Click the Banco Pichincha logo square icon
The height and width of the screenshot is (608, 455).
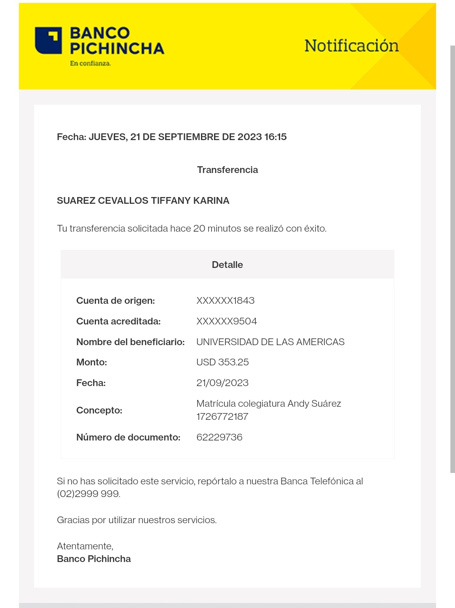(x=48, y=41)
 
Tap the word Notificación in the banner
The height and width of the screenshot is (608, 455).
(x=351, y=46)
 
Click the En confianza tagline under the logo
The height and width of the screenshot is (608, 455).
(x=90, y=63)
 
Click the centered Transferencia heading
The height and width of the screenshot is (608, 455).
(x=227, y=170)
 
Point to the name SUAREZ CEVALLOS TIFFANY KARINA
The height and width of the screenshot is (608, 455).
(x=143, y=200)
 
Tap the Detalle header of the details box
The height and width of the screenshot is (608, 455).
(x=227, y=265)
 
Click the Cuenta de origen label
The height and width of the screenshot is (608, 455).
(x=115, y=300)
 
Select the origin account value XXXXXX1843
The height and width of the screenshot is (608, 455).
(x=225, y=300)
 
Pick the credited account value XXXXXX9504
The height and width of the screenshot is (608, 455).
(x=227, y=321)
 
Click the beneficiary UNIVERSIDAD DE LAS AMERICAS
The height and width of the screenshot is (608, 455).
(x=270, y=342)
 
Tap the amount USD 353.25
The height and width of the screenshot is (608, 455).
(x=222, y=362)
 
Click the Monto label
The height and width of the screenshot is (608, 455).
(x=91, y=362)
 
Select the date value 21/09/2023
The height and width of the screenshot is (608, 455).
(x=222, y=383)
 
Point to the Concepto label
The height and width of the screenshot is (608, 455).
(x=99, y=410)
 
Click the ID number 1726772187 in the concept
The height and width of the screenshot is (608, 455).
(x=222, y=416)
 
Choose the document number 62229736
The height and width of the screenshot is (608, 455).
(x=219, y=437)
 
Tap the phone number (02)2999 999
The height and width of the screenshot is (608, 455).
(x=88, y=494)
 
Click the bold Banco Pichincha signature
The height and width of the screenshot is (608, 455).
(x=94, y=559)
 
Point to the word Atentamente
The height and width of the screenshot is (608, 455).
(x=85, y=546)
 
